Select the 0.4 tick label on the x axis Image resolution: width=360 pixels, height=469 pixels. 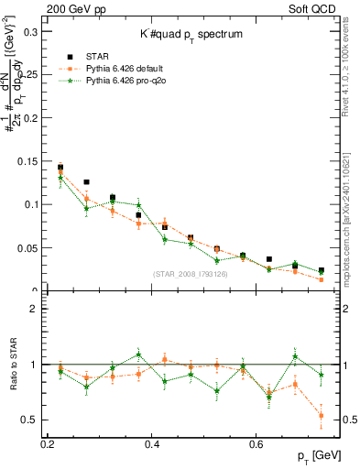[x=153, y=443]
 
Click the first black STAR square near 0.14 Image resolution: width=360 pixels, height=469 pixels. [x=60, y=168]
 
